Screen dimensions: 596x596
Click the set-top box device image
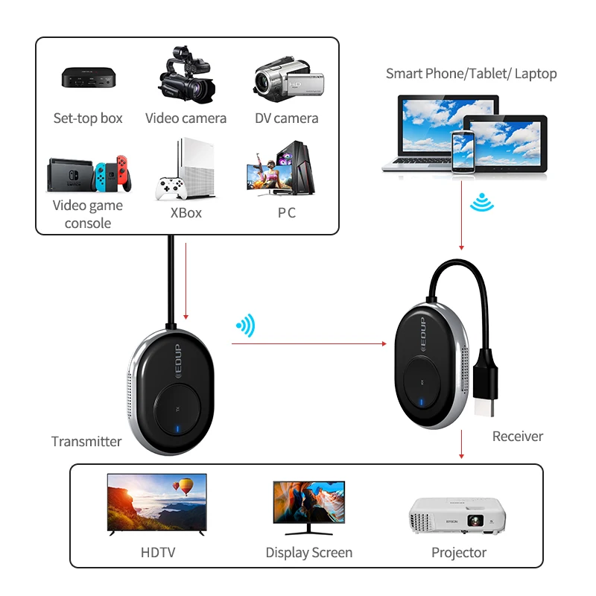click(x=89, y=78)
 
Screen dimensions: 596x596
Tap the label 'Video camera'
click(x=186, y=118)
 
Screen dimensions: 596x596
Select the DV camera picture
click(x=288, y=80)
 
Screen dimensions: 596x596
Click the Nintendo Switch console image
click(x=89, y=174)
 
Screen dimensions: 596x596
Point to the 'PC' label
click(x=287, y=213)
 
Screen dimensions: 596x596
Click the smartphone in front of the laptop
click(x=463, y=152)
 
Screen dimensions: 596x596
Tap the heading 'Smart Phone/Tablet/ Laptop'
click(x=472, y=74)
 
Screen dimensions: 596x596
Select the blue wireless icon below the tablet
click(x=482, y=202)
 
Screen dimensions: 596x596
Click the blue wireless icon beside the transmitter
click(x=247, y=326)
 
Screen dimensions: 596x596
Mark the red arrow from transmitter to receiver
click(x=309, y=343)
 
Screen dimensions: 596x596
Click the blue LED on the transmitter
click(x=177, y=429)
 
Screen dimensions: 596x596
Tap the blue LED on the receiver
click(x=421, y=402)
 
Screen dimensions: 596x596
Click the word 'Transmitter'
click(x=86, y=442)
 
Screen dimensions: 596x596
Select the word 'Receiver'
click(x=518, y=437)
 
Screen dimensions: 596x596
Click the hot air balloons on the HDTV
click(x=183, y=486)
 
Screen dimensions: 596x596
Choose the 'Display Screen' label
click(x=309, y=553)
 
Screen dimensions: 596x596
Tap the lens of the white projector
click(x=475, y=520)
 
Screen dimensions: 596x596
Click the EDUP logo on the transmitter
click(x=177, y=361)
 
